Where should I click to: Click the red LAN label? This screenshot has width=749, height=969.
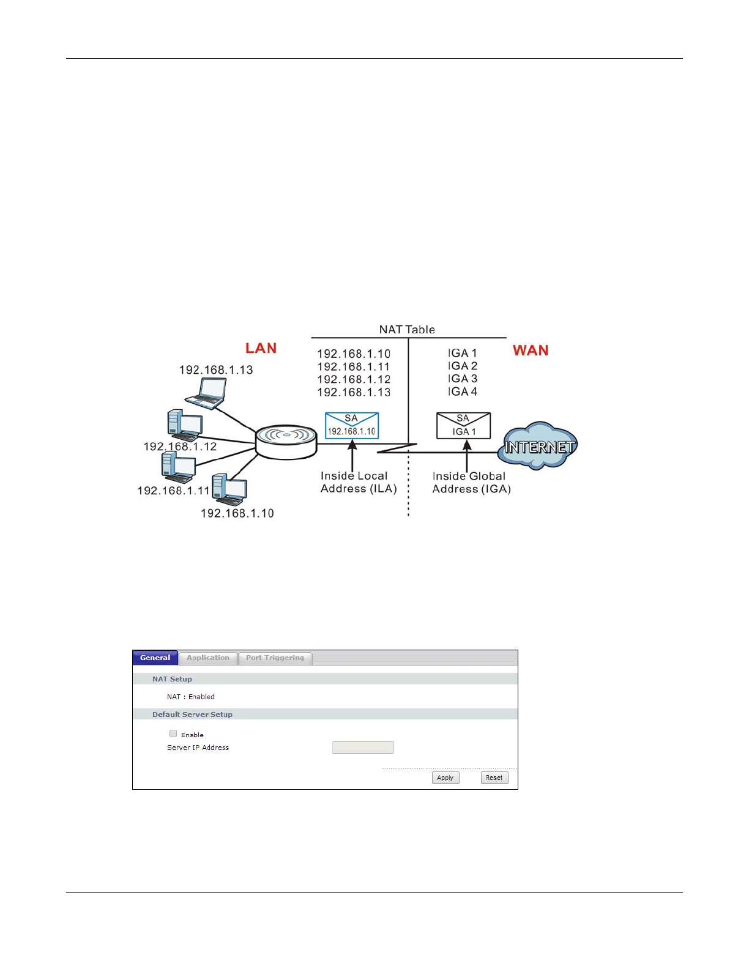[261, 348]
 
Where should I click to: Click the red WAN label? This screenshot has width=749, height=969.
[531, 351]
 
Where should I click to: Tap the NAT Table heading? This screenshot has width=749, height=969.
[407, 330]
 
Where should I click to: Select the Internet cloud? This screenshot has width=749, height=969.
[538, 446]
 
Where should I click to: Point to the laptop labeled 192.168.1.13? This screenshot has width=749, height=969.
[207, 393]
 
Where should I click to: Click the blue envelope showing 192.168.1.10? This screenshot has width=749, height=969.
[352, 425]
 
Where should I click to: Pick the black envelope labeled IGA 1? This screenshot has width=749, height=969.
[463, 426]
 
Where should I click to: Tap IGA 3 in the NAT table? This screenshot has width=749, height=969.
[463, 379]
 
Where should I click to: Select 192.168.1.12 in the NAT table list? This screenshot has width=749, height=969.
[354, 379]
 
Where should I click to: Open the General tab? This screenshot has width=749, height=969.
[155, 658]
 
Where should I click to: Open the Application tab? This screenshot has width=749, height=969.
[208, 658]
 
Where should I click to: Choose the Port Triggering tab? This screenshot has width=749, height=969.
[275, 658]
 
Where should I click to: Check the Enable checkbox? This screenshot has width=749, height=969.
[173, 733]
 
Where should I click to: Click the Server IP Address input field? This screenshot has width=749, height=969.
[363, 748]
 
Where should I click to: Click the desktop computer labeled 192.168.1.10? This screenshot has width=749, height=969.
[229, 489]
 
